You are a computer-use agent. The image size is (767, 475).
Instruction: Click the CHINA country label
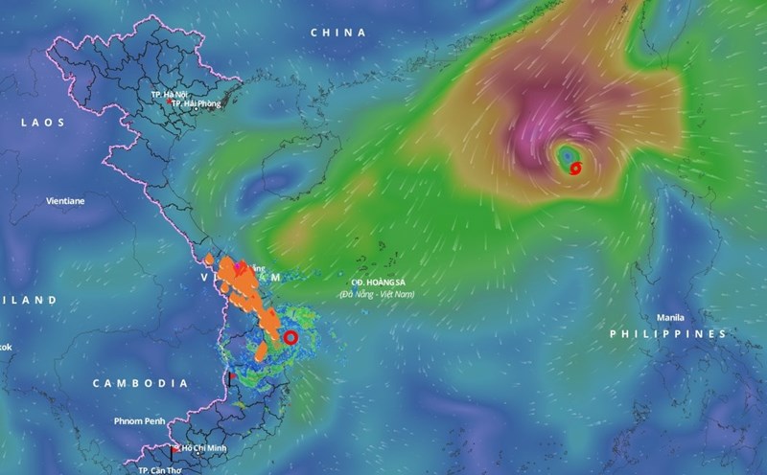[x=338, y=33]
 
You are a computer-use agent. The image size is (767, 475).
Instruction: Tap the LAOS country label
[x=45, y=123]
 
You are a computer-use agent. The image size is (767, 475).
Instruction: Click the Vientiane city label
[x=65, y=201]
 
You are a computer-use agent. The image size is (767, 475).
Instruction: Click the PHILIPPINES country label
[x=669, y=333]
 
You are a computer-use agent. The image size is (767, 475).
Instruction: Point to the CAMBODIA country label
[x=140, y=383]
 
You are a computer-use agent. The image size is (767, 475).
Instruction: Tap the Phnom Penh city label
[x=141, y=420]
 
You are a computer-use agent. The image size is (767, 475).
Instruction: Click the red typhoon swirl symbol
[x=575, y=169]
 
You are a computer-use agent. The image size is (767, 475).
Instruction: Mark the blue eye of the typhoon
[x=567, y=154]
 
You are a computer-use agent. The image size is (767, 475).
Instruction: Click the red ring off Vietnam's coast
[x=291, y=337]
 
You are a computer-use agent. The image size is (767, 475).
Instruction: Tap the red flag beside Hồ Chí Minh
[x=174, y=449]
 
